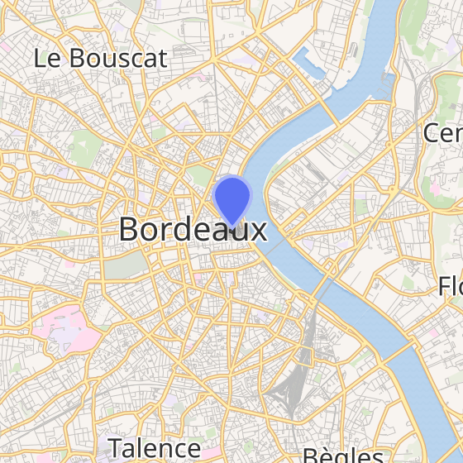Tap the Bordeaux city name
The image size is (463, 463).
pos(193,229)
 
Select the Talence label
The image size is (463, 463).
pos(154,448)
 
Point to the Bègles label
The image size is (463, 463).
pos(342,456)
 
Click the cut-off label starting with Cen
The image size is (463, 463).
pos(442,133)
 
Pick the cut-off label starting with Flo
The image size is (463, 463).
pos(451,287)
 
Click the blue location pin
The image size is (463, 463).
pos(231,198)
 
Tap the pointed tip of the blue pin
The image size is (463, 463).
pos(231,226)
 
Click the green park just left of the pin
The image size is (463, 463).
pos(200,175)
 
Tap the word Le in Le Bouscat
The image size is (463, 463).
pos(47,58)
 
